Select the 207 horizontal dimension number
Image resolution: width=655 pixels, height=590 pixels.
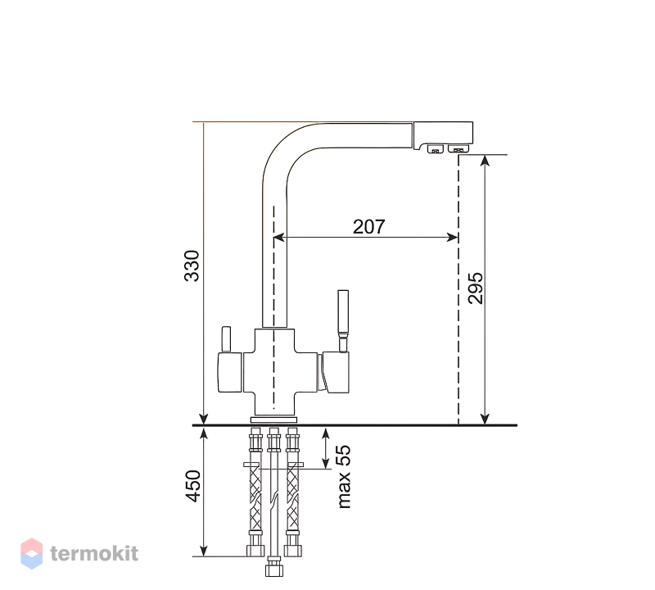(368, 227)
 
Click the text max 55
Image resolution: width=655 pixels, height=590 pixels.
(344, 476)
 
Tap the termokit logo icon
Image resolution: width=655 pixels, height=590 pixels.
(31, 553)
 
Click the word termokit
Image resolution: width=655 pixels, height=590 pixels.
(94, 554)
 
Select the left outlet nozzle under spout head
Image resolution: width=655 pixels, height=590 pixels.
(434, 148)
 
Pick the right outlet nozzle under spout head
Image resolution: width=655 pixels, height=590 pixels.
(457, 148)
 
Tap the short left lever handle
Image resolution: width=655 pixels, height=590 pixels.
(226, 338)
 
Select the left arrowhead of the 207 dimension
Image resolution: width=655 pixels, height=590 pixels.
(278, 238)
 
